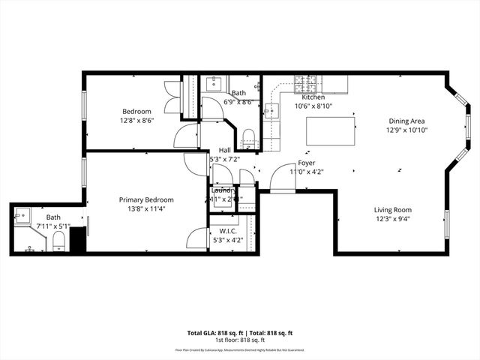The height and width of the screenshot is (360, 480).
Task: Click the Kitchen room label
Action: coord(313,97)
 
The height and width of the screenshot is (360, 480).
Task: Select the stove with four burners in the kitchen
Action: coord(307,83)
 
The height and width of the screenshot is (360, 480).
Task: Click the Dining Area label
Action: coord(406,121)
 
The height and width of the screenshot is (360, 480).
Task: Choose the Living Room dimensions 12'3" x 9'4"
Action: coord(392,219)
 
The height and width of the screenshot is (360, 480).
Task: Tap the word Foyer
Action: coord(306,163)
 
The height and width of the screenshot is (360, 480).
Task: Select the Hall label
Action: coord(225,150)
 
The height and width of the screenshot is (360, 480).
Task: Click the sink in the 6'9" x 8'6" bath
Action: coord(212,82)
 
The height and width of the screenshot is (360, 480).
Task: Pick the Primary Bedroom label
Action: coord(146,199)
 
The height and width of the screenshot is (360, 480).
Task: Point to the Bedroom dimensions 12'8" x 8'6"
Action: coord(136,120)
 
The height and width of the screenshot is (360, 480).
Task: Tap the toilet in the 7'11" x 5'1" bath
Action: coord(58,241)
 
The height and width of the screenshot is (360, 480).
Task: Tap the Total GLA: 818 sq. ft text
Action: coord(212,332)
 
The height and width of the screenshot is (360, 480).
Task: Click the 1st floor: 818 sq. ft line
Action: coord(239,339)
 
